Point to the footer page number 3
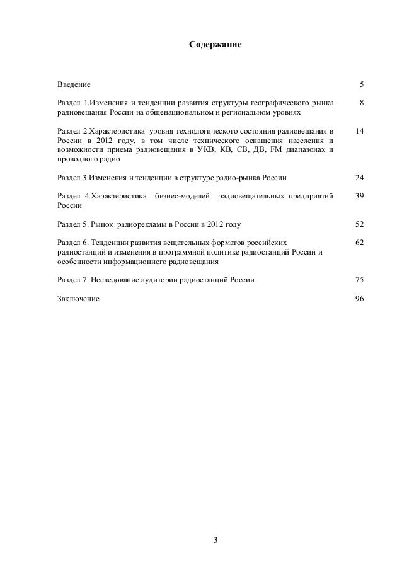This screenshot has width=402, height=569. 215,539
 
